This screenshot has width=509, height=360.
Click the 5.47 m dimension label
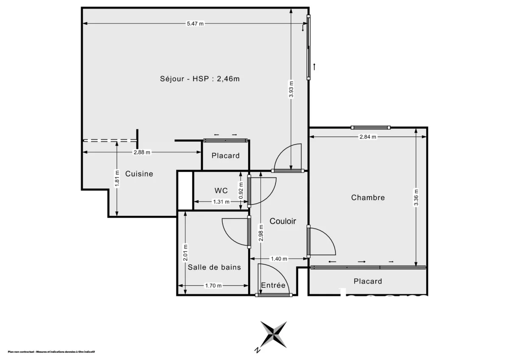[x=195, y=24]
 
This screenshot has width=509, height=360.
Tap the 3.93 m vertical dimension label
[x=291, y=89]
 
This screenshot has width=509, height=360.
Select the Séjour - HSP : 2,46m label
[x=198, y=78]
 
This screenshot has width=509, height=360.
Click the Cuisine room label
[x=139, y=174]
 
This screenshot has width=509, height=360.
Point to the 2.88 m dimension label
[x=142, y=153]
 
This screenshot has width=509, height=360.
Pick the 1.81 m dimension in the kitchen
[x=117, y=179]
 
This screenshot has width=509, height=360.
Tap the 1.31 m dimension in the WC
[x=221, y=202]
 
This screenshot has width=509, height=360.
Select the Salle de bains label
[x=214, y=267]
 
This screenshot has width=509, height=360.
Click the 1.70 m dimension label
[x=213, y=286]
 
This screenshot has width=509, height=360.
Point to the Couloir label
[x=283, y=221]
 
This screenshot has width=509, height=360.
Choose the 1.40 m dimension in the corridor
[x=279, y=259]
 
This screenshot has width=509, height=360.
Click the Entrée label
[x=273, y=285]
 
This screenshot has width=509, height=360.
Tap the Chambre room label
[x=368, y=198]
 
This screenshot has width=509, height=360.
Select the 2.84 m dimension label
[x=368, y=137]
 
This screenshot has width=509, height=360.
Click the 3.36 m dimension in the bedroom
[x=416, y=197]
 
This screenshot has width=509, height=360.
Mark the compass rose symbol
[x=274, y=333]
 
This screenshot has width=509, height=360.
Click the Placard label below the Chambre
[x=368, y=281]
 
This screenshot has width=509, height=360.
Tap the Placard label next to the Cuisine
[x=226, y=156]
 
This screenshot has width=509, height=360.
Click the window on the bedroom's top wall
[x=371, y=127]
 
